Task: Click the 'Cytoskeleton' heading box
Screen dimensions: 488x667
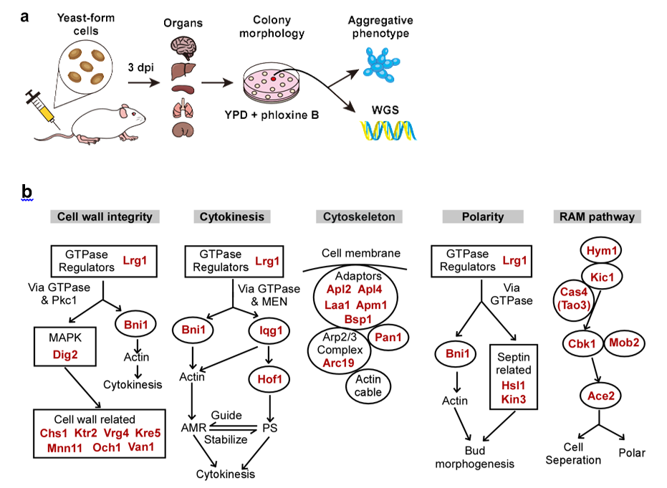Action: click(x=359, y=216)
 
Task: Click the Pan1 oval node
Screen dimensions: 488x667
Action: click(x=388, y=335)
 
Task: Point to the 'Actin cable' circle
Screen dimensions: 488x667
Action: click(x=368, y=387)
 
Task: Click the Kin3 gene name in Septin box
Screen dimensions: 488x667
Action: click(x=514, y=398)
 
